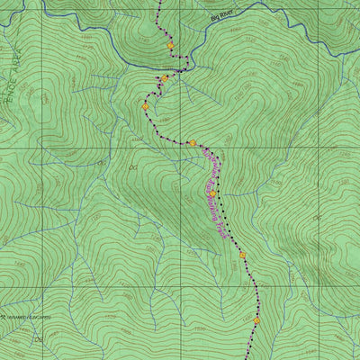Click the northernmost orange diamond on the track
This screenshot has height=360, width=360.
coord(170,45)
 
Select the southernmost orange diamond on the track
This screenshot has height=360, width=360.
coord(256,319)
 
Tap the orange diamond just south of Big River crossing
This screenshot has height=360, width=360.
coord(165,79)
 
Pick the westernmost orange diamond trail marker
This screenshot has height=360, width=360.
coord(146,106)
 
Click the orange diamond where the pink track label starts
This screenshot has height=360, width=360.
coord(192,143)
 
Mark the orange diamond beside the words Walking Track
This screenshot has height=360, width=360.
coord(212,193)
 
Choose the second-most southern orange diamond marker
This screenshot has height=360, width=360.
coord(242,256)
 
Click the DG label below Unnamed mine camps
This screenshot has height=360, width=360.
coord(39,339)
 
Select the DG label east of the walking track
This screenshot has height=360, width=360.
coord(316,219)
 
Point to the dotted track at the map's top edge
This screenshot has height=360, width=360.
coord(160,2)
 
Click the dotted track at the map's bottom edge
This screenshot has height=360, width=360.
coord(250,357)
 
